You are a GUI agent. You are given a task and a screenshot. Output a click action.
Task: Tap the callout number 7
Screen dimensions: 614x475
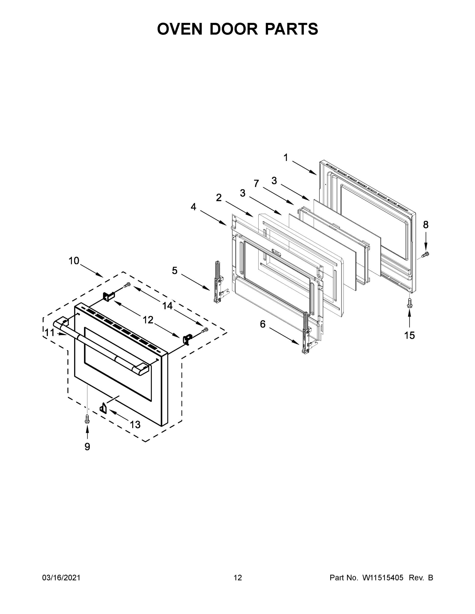point(256,184)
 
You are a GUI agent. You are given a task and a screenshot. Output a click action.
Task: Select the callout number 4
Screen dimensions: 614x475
point(193,207)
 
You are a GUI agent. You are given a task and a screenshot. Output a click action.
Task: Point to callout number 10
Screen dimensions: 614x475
point(74,261)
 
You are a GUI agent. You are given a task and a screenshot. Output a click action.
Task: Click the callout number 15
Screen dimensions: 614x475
point(409,335)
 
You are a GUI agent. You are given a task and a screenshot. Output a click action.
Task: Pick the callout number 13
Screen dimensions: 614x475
point(135,424)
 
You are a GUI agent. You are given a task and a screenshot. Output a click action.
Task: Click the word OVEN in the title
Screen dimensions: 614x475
point(180,29)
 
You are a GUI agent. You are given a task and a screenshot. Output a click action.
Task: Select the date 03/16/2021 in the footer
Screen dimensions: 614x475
point(61,578)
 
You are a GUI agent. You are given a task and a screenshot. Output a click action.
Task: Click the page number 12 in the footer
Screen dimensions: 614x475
point(238,578)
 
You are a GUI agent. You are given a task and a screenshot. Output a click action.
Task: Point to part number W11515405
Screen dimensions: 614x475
point(383,578)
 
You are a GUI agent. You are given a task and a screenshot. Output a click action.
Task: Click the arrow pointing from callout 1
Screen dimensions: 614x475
point(304,168)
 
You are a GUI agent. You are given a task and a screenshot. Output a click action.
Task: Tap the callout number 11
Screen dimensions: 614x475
point(50,333)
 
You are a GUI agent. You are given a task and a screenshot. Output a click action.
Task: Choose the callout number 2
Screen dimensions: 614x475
point(219,198)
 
